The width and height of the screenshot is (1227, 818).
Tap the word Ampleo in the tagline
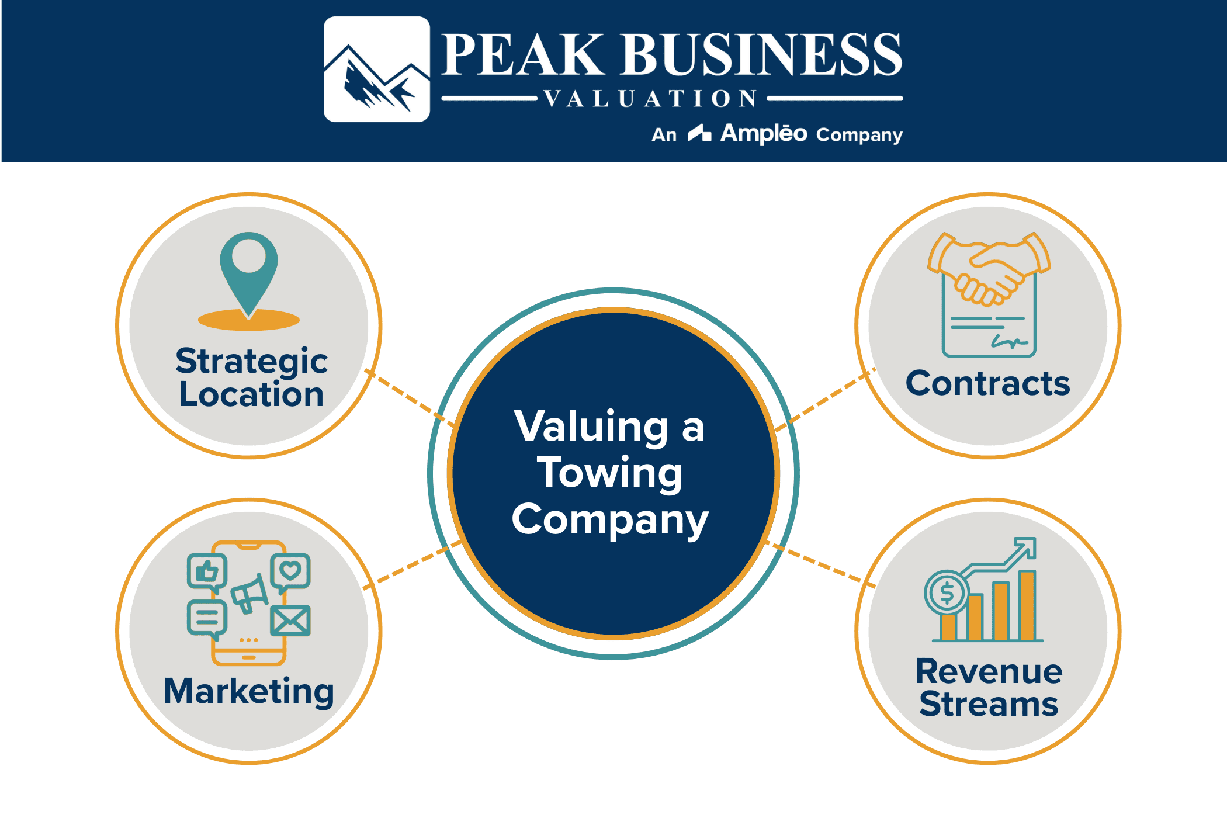(x=764, y=134)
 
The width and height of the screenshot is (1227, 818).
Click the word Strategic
(x=251, y=361)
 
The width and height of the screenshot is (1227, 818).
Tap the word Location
(x=251, y=394)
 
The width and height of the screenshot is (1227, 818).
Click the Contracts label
(x=987, y=384)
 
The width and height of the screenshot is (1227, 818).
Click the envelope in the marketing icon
(x=290, y=621)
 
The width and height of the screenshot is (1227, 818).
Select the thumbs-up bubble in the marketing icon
(x=207, y=571)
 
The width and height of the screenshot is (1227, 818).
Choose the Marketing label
(x=249, y=691)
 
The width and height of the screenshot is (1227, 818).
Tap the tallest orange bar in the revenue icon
(x=1027, y=605)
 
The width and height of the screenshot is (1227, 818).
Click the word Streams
(x=989, y=704)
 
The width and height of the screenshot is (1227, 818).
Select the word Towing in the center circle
(x=610, y=473)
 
